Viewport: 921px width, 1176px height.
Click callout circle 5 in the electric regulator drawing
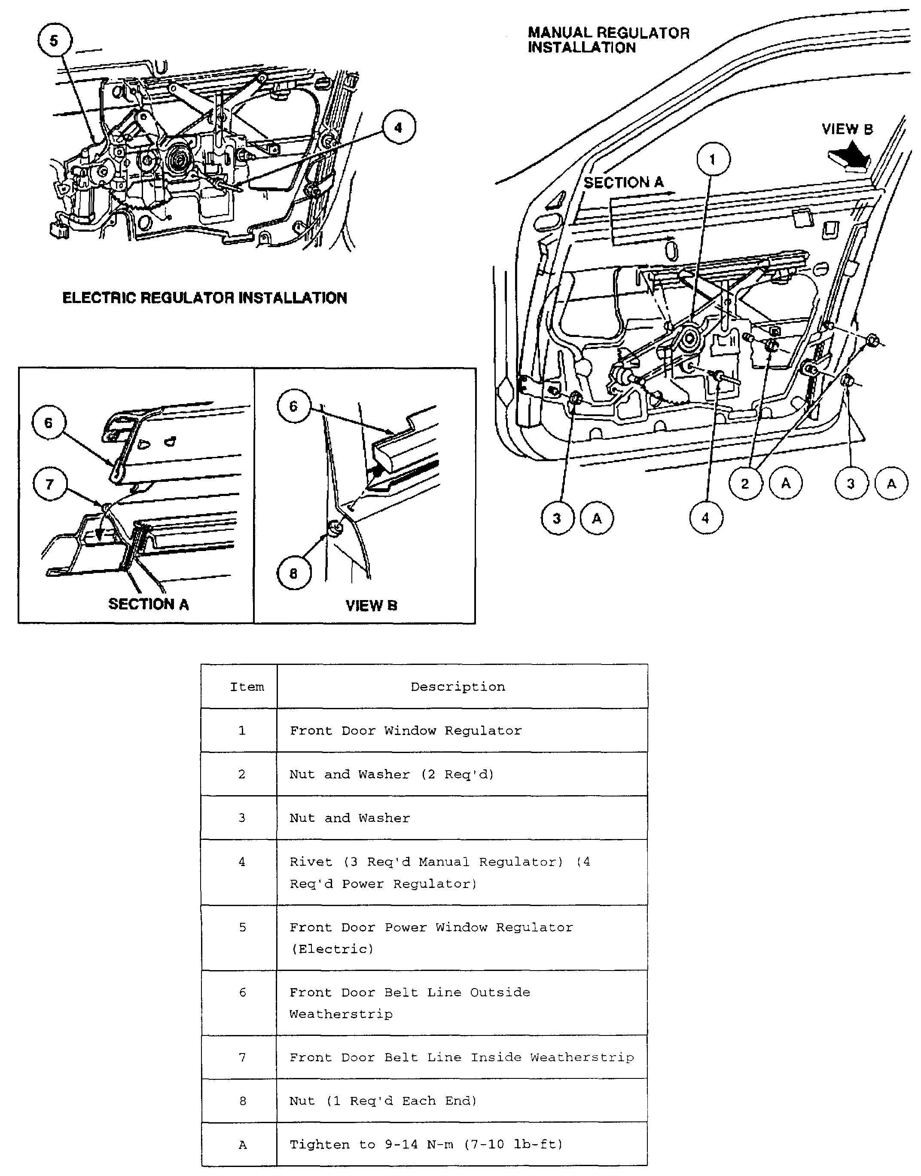click(54, 40)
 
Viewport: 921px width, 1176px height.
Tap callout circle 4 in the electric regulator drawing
click(399, 128)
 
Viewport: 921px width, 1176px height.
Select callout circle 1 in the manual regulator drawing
click(713, 159)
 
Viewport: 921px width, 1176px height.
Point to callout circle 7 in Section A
click(49, 484)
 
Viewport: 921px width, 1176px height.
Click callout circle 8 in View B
click(294, 573)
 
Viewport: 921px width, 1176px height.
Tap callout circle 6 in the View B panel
click(294, 406)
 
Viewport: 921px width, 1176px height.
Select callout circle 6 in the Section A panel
click(49, 423)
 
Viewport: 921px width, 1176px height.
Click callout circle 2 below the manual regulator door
click(745, 484)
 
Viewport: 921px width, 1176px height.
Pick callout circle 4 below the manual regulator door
click(706, 518)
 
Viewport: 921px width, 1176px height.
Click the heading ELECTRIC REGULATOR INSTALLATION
click(204, 298)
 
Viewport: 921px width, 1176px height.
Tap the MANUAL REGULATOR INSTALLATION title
click(608, 40)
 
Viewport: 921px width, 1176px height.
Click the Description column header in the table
click(458, 687)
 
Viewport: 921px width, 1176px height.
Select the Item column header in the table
click(247, 687)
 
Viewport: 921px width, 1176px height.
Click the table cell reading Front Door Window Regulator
click(406, 730)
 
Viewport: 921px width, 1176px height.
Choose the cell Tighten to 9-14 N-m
click(426, 1144)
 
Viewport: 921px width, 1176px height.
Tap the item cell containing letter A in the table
click(243, 1145)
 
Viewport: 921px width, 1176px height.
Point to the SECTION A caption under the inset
click(148, 604)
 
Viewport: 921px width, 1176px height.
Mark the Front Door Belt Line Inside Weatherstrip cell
click(462, 1057)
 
